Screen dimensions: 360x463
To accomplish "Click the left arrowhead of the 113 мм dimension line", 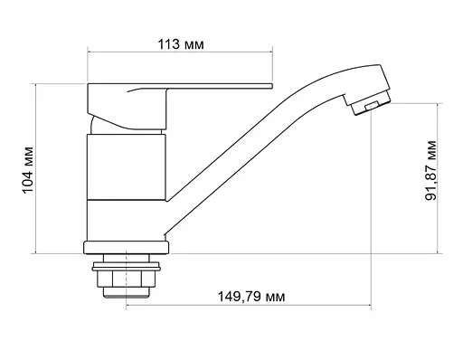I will pos(90,52).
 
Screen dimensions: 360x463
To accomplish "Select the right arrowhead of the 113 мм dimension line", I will pos(271,52).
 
